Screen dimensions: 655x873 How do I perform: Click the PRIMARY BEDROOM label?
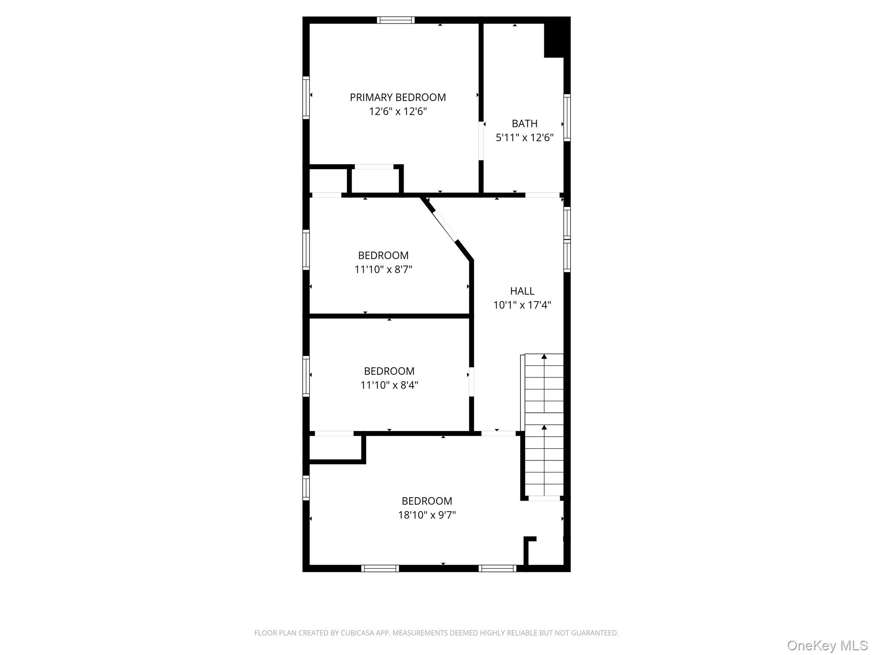tap(398, 97)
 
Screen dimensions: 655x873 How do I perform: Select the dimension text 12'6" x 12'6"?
tap(398, 112)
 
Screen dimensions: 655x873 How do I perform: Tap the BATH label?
tap(524, 124)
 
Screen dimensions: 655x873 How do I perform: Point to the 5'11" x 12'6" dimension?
tap(524, 138)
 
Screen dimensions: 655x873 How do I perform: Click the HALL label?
tap(522, 291)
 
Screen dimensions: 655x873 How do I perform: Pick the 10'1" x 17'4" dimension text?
tap(522, 305)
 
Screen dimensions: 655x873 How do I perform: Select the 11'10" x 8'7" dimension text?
tap(383, 270)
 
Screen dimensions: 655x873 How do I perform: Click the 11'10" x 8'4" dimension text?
tap(389, 385)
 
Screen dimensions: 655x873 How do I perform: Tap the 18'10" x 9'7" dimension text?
tap(427, 515)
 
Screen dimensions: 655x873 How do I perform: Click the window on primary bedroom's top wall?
tap(396, 20)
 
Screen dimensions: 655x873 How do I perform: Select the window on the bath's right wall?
tap(567, 118)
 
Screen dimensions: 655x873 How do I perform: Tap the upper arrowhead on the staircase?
tap(544, 356)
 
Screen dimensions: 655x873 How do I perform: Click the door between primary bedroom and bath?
tap(481, 141)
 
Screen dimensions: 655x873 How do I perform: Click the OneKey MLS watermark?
tap(827, 645)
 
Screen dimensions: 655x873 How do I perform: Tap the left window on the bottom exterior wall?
tap(380, 568)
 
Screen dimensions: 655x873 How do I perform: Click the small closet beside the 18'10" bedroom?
tap(335, 447)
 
